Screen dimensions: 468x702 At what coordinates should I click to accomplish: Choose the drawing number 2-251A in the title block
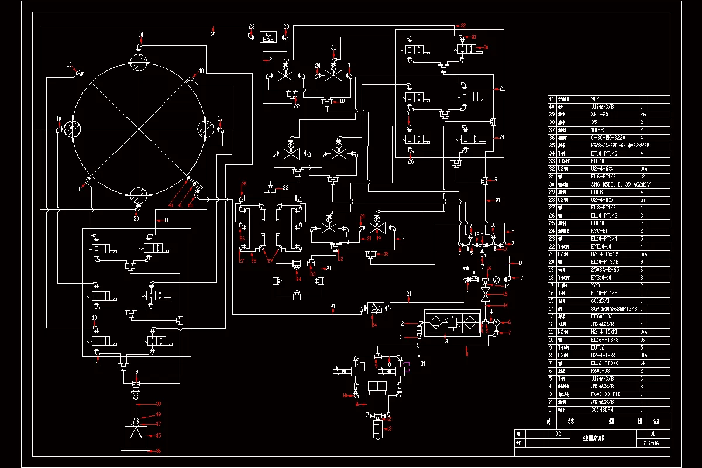[652, 443]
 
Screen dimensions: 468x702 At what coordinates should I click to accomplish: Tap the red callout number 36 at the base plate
[157, 450]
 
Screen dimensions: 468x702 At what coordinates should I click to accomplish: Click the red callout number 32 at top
[463, 26]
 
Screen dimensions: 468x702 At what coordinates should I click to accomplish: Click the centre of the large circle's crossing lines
[139, 128]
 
